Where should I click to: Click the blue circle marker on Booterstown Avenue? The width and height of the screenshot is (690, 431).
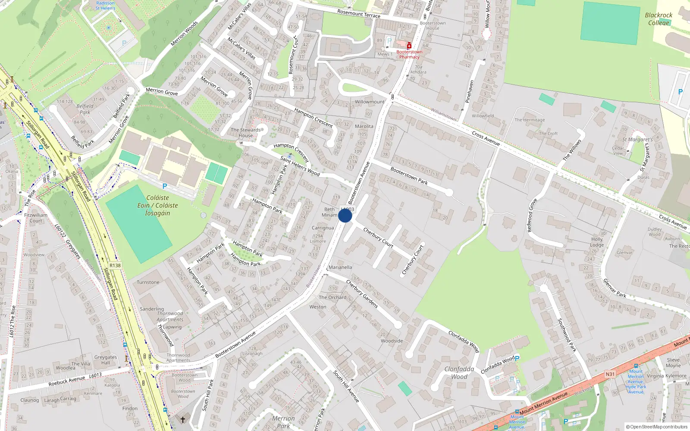pos(345,215)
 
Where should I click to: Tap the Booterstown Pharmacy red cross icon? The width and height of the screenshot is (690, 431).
pos(409,46)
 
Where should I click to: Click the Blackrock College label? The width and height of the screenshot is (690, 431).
pos(659,19)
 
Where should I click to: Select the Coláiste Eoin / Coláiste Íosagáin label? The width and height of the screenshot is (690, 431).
pos(157,206)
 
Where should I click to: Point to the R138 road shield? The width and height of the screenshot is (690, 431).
pos(115,265)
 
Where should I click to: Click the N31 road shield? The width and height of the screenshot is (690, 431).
pos(610,374)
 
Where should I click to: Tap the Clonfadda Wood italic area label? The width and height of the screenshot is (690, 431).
pos(459,373)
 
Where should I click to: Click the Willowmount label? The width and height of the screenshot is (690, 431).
pos(370,102)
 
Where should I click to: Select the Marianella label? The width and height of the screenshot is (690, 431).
pos(340,267)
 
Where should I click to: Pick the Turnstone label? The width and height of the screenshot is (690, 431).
pos(148,282)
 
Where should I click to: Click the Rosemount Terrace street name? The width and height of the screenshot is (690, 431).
pos(359,14)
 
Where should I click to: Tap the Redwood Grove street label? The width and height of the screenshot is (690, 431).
pos(532,215)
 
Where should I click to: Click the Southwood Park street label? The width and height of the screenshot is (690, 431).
pos(567,335)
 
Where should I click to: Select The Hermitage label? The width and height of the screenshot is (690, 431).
pos(530,120)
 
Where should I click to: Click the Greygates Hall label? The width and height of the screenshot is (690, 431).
pos(106,360)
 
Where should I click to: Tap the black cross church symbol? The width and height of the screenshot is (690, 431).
pos(183,419)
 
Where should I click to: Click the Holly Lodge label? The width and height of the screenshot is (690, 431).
pos(597,242)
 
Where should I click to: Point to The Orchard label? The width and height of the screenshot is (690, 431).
pos(332,297)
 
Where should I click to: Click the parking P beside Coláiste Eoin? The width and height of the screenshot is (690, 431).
pos(164,186)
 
